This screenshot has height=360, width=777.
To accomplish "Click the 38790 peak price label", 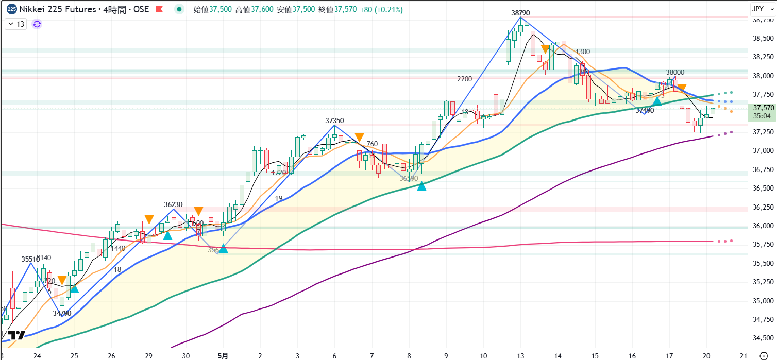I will point(520,13).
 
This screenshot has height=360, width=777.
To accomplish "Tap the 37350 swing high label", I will point(334,121).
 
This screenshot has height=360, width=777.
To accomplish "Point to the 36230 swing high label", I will point(174,204).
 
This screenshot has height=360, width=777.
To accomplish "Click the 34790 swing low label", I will point(62,313).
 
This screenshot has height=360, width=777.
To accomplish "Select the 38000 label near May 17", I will point(675,73).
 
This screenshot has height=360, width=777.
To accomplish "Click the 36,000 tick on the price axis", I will point(763,226).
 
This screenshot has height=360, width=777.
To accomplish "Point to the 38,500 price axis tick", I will point(763,38).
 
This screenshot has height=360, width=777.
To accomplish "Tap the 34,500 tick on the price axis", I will point(763,338).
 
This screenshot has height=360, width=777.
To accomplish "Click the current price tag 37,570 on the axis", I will point(763,108).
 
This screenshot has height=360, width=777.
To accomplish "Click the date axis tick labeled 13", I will point(520,355).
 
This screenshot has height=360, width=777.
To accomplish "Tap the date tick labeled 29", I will point(149,355).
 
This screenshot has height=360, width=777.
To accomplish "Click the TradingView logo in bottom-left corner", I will point(16,335).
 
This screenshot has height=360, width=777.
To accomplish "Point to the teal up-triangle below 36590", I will point(421,186).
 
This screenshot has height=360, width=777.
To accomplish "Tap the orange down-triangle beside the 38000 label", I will point(682,89).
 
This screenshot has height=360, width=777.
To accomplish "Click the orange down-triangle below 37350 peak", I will point(359,137).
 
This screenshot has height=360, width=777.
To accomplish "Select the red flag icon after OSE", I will point(160,9).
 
